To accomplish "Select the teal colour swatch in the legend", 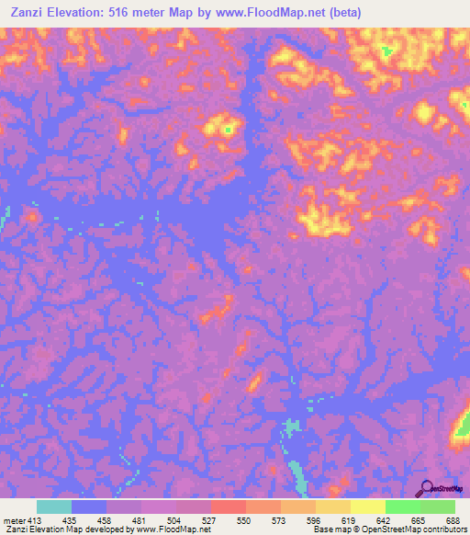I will point(54,507).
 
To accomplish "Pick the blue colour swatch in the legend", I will point(89,507).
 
